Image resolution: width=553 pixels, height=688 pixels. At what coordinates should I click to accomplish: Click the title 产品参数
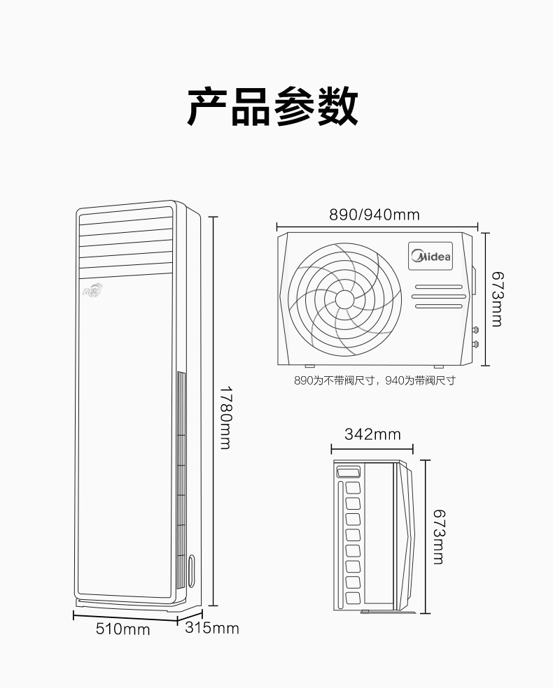pos(273,106)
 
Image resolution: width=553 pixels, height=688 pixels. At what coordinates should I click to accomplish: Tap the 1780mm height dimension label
pos(225,417)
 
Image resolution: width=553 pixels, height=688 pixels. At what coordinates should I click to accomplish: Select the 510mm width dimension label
pos(123,629)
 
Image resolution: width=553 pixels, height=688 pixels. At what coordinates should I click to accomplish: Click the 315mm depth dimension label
pos(211,628)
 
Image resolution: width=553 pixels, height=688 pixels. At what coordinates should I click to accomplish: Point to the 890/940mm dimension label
pos(374,215)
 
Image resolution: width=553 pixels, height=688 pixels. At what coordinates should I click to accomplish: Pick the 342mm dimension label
pos(372,434)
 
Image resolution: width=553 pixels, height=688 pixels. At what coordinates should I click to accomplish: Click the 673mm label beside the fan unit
pos(497,299)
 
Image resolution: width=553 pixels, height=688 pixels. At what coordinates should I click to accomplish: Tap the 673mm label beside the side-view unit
pos(439,536)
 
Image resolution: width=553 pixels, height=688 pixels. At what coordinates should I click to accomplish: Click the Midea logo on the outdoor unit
pos(430,256)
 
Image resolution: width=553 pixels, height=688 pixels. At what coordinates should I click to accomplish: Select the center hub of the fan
pos(345,300)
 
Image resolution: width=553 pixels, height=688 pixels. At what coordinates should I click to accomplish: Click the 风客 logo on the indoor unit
pos(92,290)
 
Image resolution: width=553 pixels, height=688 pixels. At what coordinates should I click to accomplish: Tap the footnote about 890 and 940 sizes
pos(374,380)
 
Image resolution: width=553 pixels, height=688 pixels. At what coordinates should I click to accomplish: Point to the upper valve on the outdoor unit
pos(475,329)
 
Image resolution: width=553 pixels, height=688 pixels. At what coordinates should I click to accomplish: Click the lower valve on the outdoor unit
pos(475,344)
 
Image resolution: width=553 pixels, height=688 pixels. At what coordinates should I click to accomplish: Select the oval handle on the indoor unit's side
pos(192,571)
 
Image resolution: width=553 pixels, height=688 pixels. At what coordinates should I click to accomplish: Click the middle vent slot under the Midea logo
pos(439,296)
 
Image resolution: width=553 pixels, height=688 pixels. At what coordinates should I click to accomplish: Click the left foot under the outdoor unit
pos(309,366)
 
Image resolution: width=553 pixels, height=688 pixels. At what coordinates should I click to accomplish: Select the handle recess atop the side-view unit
pos(348,473)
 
